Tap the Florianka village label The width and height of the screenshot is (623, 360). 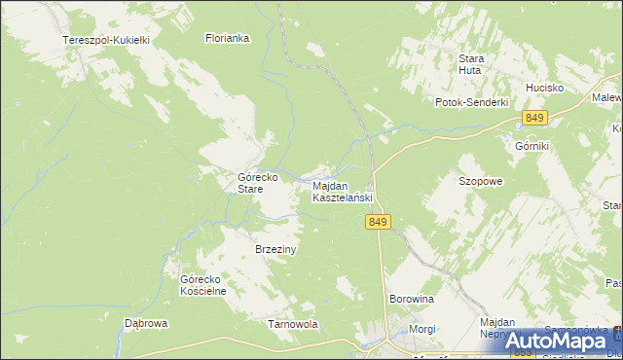tap(228, 39)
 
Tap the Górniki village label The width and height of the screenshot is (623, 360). tap(532, 145)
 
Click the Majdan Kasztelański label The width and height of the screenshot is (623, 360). tap(342, 192)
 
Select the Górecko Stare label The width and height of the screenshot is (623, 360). tap(259, 184)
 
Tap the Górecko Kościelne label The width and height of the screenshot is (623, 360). tap(202, 285)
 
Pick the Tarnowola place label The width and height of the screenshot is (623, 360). tap(292, 324)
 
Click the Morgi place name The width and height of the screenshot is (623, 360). tap(422, 329)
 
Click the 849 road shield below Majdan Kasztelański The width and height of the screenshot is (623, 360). tap(380, 223)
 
